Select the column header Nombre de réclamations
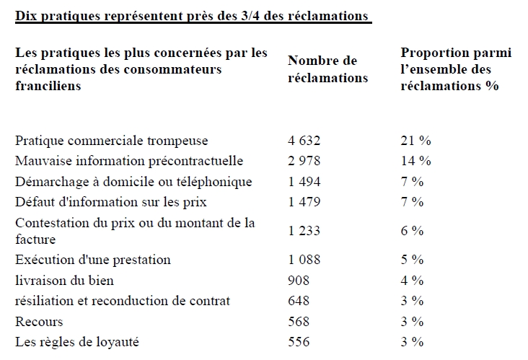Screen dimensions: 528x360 [327, 69]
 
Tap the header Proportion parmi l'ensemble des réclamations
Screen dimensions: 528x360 [456, 69]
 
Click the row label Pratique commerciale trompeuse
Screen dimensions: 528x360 [112, 141]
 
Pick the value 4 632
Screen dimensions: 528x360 [304, 141]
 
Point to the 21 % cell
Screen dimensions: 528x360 [416, 141]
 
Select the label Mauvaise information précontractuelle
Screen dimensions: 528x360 [129, 161]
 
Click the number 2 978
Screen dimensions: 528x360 [304, 161]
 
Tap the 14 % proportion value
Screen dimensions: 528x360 [416, 161]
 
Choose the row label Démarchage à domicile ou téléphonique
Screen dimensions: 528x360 [133, 182]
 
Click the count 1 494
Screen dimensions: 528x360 [304, 182]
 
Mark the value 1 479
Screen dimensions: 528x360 [304, 202]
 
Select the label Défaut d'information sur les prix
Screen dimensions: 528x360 [111, 202]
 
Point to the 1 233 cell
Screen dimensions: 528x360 [304, 231]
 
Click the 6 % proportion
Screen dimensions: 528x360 [412, 231]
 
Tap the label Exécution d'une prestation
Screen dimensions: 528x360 [93, 260]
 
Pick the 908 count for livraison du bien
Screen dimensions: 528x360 [299, 281]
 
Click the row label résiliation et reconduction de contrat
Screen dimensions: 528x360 [123, 301]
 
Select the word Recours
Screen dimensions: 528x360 [39, 322]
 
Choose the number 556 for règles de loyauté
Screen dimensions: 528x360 [299, 342]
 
